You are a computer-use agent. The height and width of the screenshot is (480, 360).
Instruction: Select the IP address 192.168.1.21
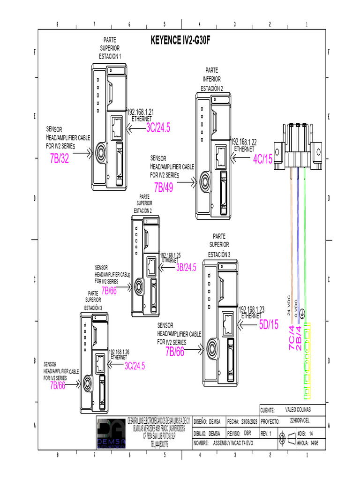click(x=141, y=112)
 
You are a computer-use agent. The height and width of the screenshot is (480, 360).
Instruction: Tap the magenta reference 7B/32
click(x=59, y=159)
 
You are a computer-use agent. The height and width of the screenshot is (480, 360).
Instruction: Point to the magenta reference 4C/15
click(x=262, y=159)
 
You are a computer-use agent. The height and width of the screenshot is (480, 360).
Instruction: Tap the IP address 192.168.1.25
click(x=171, y=255)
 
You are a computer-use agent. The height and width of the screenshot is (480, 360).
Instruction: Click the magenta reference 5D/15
click(x=269, y=324)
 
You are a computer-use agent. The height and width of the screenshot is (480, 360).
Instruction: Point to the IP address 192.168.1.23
click(x=252, y=309)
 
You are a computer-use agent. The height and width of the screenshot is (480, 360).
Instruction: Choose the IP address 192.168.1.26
click(x=119, y=352)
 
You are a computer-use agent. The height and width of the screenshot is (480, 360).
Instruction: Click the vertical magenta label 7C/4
click(x=292, y=338)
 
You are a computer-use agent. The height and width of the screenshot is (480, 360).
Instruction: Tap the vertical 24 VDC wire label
click(x=289, y=306)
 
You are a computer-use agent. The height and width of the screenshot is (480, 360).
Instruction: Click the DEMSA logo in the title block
click(x=111, y=434)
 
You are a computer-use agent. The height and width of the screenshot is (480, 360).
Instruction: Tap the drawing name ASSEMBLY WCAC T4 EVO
click(x=233, y=443)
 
